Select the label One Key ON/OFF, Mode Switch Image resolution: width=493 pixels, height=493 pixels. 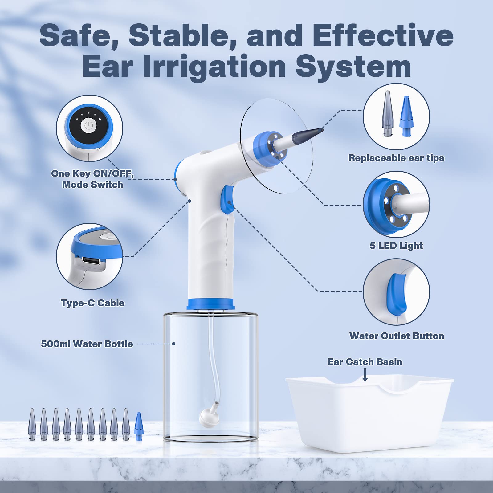tap(92, 179)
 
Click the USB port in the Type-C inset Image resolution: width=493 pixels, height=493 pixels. tap(91, 262)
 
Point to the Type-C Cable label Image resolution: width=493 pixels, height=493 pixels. tap(92, 303)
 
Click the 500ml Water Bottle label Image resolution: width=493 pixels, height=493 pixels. tap(87, 344)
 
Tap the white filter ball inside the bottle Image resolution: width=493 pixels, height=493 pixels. tap(209, 418)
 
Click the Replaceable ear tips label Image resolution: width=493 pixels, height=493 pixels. tap(396, 158)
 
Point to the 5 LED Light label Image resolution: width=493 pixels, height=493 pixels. tap(396, 246)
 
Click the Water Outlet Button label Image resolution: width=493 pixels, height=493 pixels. tap(396, 336)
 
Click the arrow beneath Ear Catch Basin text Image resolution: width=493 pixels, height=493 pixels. tap(365, 375)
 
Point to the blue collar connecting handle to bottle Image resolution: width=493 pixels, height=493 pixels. tap(211, 304)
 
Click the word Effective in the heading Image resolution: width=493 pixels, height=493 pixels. tap(383, 35)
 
